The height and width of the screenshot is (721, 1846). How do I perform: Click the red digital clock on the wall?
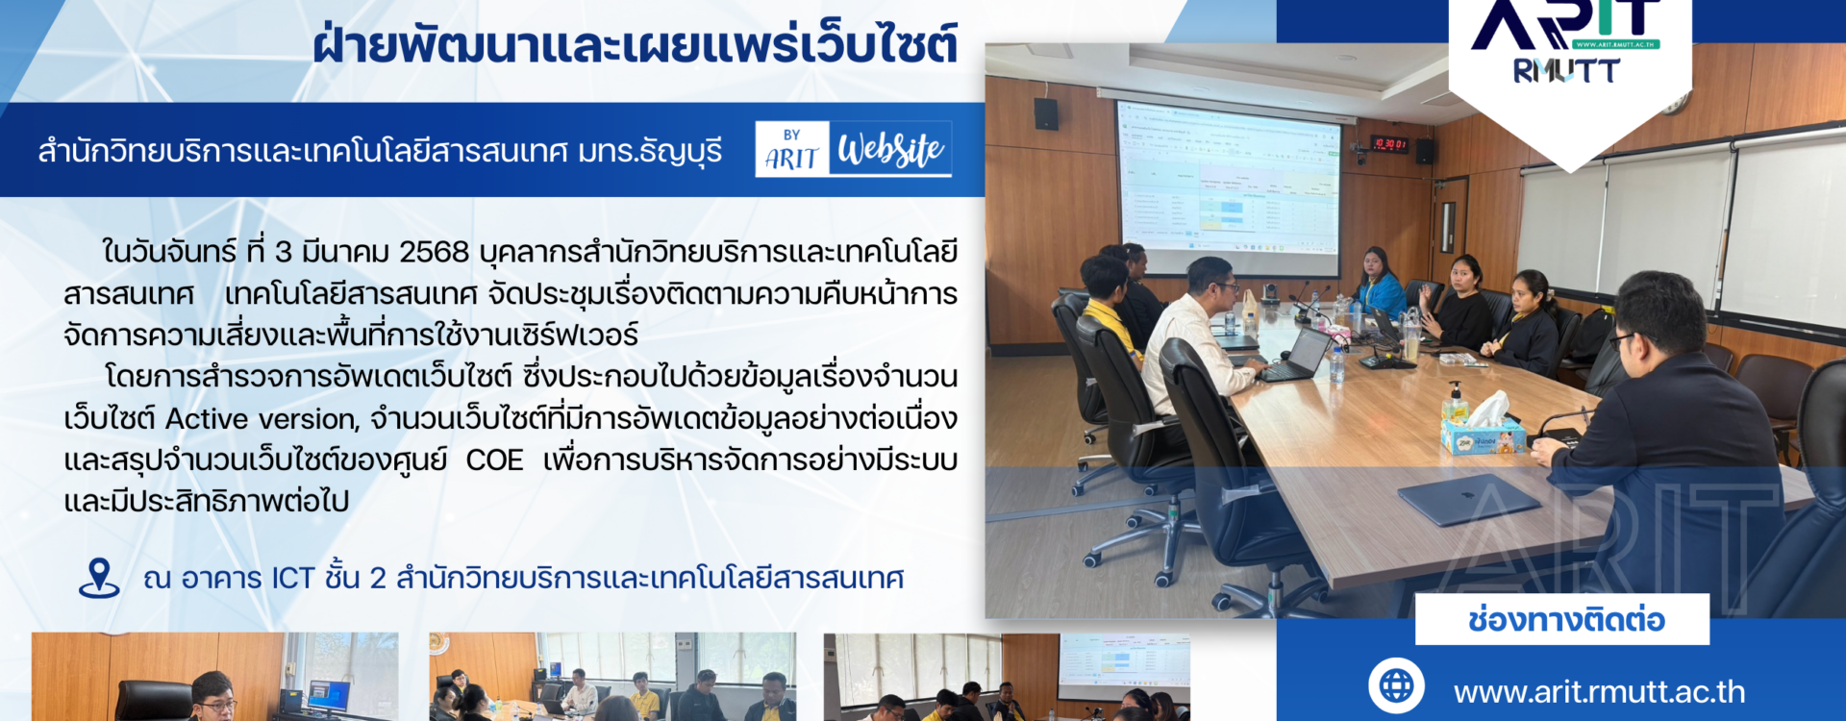tap(1389, 144)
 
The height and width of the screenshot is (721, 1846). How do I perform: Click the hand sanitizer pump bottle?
tap(1456, 403)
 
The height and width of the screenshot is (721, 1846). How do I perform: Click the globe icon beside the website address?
tap(1396, 686)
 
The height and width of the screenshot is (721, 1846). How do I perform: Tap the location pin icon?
tap(99, 578)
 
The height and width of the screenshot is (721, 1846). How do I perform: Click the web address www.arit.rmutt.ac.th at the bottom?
tap(1599, 692)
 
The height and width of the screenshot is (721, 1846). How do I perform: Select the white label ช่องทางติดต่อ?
tap(1562, 619)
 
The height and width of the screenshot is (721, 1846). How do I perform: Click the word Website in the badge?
tap(890, 149)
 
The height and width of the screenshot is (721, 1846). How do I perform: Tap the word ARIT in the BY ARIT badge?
tap(791, 159)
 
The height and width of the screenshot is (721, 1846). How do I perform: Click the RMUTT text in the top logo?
tap(1566, 71)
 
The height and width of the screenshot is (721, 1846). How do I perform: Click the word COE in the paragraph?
tap(494, 460)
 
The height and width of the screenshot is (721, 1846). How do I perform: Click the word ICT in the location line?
tap(293, 578)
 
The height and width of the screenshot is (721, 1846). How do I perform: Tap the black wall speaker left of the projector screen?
tap(1046, 113)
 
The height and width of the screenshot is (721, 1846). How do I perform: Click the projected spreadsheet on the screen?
tap(1228, 181)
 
